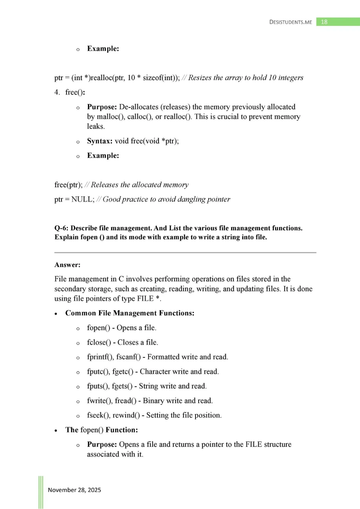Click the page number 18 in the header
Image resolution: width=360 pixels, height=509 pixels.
[x=324, y=22]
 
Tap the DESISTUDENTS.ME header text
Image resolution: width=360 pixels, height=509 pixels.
[x=291, y=22]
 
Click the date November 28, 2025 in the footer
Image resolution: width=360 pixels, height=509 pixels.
[x=75, y=490]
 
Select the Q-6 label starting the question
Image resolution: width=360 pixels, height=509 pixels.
[x=61, y=228]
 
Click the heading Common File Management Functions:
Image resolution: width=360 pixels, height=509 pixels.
[x=130, y=313]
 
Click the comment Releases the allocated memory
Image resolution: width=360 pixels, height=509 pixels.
[x=140, y=185]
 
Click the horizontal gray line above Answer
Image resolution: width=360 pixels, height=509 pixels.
[x=185, y=252]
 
